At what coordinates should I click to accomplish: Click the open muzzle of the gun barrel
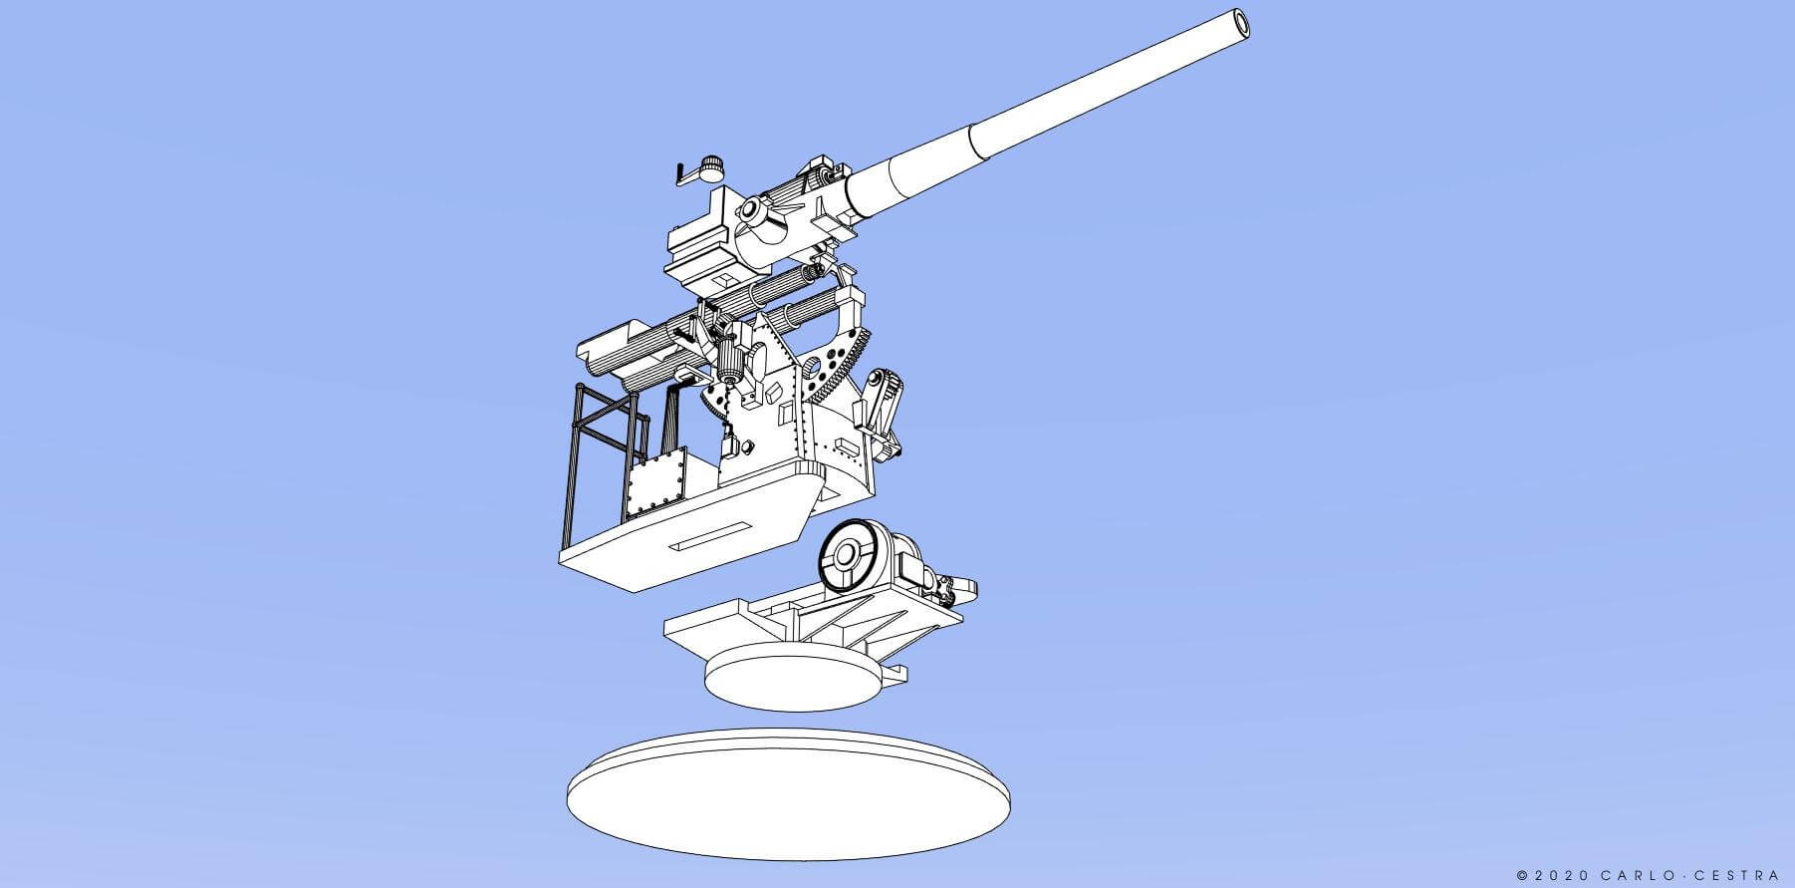click(x=1237, y=25)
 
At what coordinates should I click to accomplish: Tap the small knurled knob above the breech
click(x=710, y=167)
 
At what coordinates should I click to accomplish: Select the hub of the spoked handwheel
click(x=848, y=554)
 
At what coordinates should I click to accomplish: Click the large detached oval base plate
click(x=788, y=794)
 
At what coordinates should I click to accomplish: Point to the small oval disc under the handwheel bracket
click(x=794, y=677)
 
